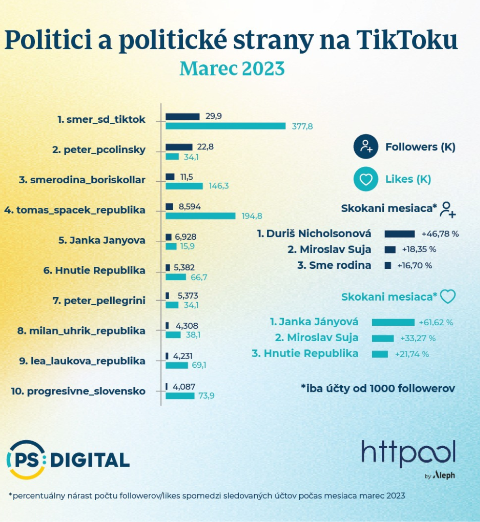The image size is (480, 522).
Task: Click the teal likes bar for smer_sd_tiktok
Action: tap(226, 126)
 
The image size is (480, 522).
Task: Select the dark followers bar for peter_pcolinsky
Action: tap(179, 147)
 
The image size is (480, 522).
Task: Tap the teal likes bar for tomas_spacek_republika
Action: tap(201, 216)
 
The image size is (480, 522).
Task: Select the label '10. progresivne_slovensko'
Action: tap(78, 391)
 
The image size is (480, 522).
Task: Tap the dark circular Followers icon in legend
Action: tap(365, 147)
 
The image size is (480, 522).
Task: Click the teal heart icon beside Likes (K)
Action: tap(365, 179)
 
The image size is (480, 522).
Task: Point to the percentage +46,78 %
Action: tap(440, 234)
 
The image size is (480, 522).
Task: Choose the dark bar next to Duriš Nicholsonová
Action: tap(399, 234)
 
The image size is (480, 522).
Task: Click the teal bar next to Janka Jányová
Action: tap(393, 322)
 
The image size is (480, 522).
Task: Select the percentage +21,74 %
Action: tap(412, 354)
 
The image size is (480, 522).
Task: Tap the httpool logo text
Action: tap(408, 454)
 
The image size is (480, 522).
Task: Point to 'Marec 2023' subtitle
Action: tap(232, 69)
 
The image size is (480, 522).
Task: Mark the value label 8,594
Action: tap(189, 207)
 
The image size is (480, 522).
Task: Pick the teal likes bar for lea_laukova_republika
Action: tap(177, 365)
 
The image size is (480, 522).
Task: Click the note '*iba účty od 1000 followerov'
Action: tap(378, 388)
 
